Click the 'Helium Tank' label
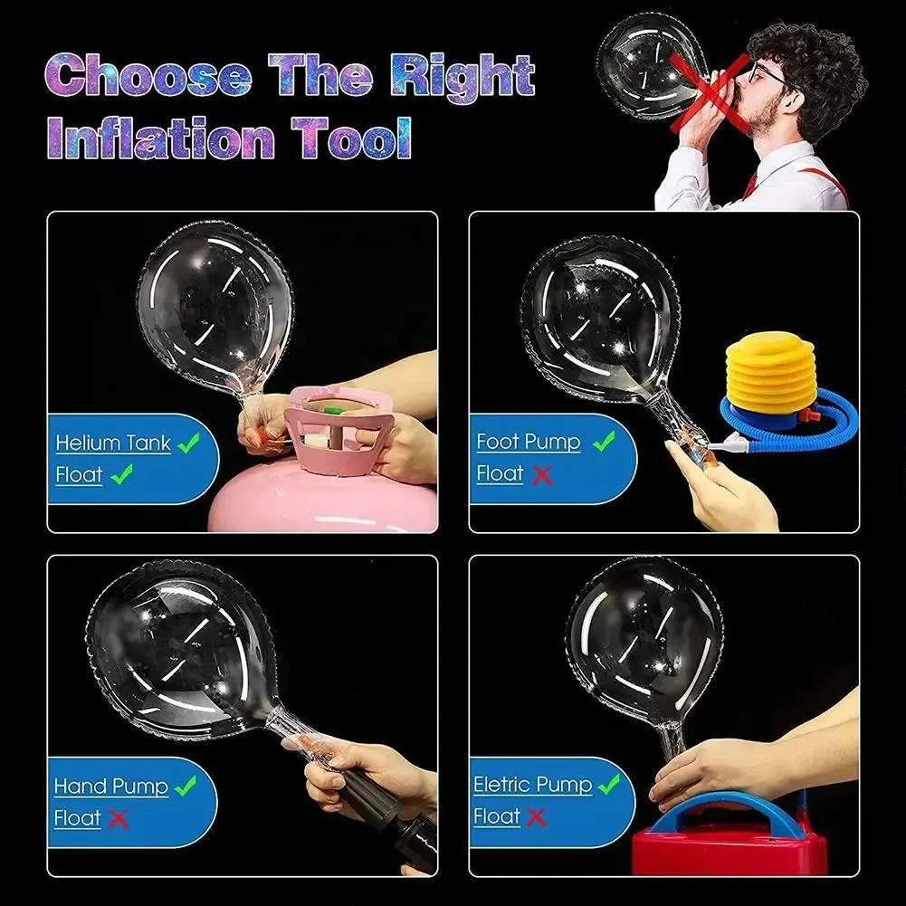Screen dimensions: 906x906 (x=113, y=443)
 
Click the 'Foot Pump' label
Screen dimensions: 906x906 (x=529, y=442)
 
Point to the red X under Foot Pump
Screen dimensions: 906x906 (x=542, y=474)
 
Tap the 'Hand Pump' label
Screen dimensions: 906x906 (x=111, y=786)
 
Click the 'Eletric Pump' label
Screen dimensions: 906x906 (x=533, y=784)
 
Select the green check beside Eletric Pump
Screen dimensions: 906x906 (x=608, y=784)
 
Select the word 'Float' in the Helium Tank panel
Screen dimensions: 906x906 (x=80, y=474)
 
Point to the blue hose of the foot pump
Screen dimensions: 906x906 (x=815, y=425)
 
